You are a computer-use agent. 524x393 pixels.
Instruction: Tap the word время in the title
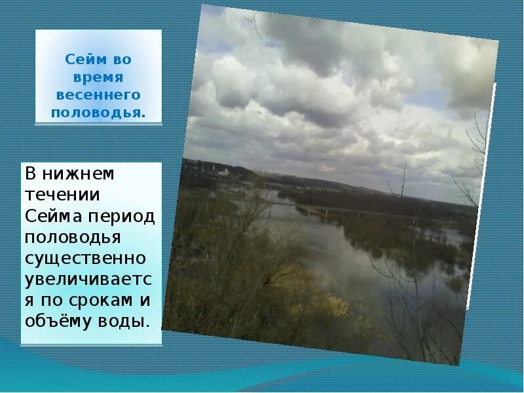click(x=98, y=77)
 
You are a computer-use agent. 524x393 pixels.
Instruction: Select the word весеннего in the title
click(x=98, y=95)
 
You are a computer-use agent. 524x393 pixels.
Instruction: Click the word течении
click(x=62, y=195)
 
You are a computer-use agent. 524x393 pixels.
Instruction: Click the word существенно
click(x=85, y=259)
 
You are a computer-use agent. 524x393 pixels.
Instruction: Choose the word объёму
click(x=56, y=322)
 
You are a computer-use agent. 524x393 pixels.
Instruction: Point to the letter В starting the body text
click(x=31, y=174)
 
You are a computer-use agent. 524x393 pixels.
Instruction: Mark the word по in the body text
click(x=49, y=301)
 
